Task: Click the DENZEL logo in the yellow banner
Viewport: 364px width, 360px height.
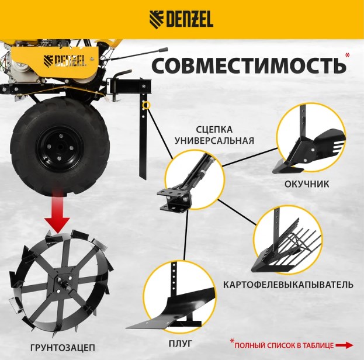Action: pos(181,19)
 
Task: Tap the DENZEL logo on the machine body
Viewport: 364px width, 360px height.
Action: pos(65,61)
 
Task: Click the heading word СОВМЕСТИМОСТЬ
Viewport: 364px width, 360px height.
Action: pos(249,65)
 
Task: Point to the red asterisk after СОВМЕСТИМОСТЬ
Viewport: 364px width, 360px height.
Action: pos(347,56)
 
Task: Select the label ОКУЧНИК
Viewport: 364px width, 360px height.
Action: pos(307,184)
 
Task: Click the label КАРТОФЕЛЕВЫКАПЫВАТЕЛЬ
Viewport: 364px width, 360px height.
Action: pos(288,285)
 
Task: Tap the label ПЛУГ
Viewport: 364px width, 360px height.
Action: pos(181,344)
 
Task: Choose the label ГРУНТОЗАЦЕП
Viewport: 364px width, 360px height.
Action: pos(63,348)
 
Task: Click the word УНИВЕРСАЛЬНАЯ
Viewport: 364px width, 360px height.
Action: pos(214,141)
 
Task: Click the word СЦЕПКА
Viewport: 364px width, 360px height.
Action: pos(214,130)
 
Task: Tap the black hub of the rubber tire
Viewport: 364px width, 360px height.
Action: pos(60,147)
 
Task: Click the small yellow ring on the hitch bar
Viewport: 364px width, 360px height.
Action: pos(147,106)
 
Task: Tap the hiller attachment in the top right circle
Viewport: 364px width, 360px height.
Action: pos(308,144)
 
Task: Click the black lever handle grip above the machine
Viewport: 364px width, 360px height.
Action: pos(163,50)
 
